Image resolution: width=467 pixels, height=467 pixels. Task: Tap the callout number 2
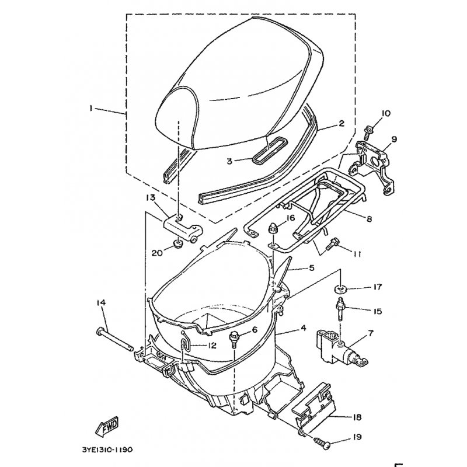click(x=341, y=124)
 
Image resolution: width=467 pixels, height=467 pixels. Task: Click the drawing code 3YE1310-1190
click(x=111, y=451)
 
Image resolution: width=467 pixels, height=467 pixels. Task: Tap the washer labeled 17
click(x=340, y=288)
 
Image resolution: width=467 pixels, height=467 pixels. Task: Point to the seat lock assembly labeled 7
click(x=336, y=345)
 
